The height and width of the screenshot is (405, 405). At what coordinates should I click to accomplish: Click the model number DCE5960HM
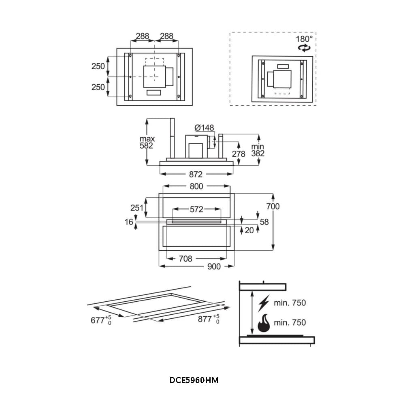point(194,381)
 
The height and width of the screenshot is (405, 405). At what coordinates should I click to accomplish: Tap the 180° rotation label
point(304,39)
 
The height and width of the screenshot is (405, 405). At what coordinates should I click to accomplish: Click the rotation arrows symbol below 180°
point(304,48)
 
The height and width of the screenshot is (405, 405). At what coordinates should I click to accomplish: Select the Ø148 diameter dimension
point(204,128)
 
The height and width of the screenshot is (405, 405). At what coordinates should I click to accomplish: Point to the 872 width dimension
point(196,174)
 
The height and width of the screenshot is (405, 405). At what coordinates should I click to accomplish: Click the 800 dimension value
point(196,187)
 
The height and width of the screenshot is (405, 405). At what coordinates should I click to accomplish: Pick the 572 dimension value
point(196,209)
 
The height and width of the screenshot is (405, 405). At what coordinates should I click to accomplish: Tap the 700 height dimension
point(273,207)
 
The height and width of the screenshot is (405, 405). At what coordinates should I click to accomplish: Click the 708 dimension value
point(185,258)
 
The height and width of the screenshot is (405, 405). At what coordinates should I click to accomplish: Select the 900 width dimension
point(214,266)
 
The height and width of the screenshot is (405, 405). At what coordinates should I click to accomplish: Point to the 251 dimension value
point(137,208)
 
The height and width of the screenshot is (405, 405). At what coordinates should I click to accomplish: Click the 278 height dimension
point(239,154)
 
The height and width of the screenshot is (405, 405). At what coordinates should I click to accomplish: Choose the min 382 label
point(258,150)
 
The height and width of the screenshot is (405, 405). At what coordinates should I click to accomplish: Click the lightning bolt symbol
point(264,303)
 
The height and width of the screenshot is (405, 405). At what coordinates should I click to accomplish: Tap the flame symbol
point(263,322)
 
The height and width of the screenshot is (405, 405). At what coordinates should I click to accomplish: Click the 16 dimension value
point(129,222)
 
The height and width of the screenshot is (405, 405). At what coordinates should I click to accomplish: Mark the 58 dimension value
point(264,222)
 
